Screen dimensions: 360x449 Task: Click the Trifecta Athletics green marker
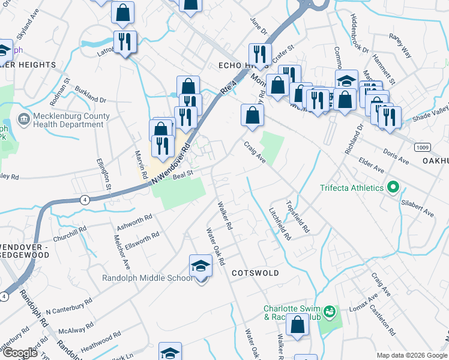(x=393, y=188)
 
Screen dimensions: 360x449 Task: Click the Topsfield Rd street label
(x=298, y=217)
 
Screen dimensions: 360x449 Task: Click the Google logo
(x=20, y=352)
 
